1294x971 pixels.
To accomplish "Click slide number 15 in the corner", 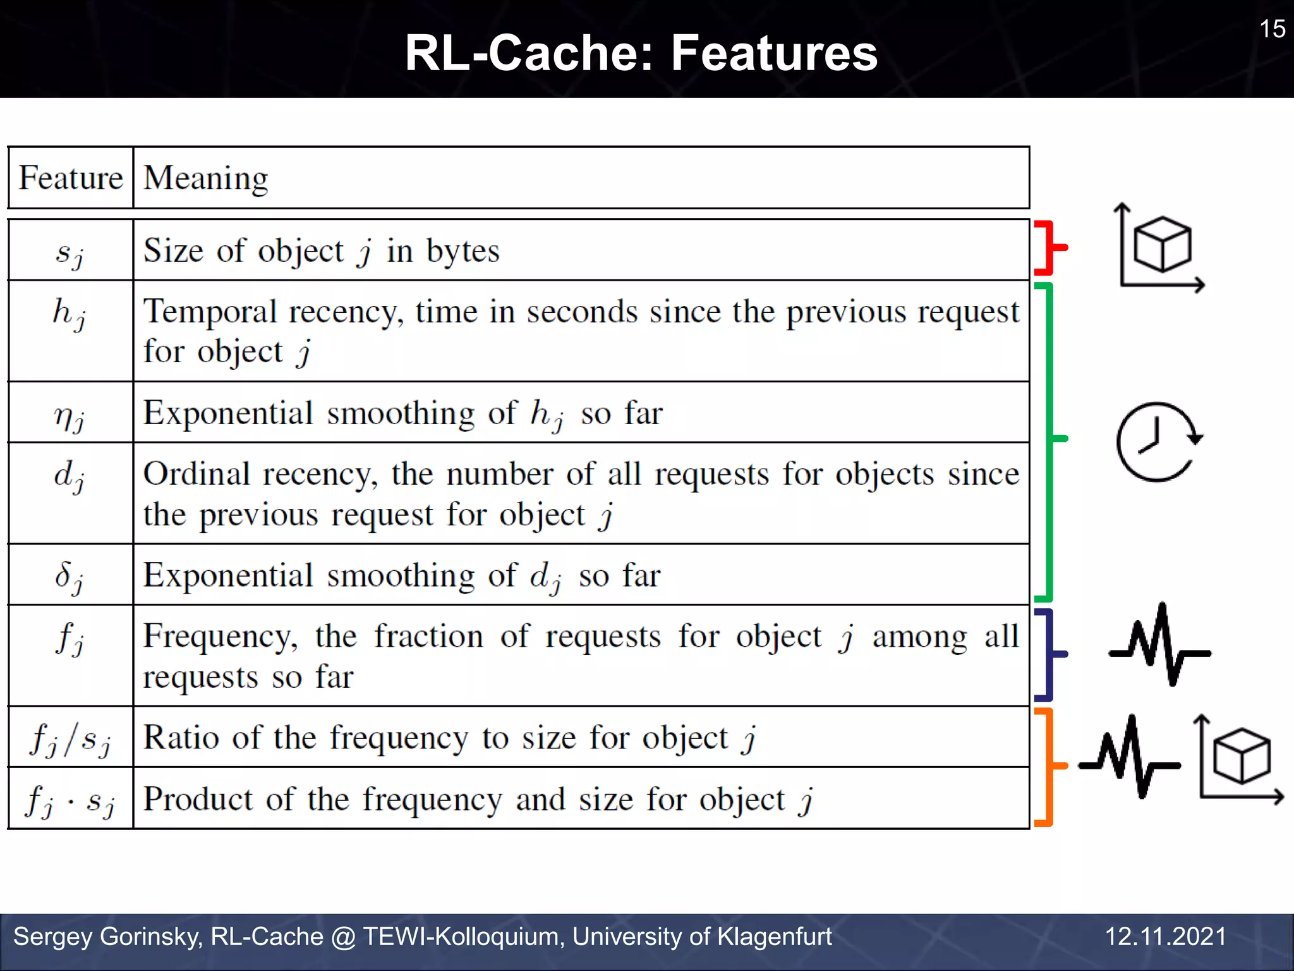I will pos(1272,29).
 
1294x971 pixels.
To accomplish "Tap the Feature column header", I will pos(70,178).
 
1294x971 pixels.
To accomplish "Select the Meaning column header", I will pos(205,178).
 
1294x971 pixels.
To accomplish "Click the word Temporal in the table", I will pos(210,312).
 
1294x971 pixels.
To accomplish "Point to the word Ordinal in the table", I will pos(197,474).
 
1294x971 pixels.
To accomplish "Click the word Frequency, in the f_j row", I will pos(221,637).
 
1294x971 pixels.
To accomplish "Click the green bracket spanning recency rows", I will pos(1049,441).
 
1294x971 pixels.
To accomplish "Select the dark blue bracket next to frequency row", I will pos(1048,654).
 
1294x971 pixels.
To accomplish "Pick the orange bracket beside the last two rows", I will pos(1048,766).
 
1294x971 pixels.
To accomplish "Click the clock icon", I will pos(1158,442).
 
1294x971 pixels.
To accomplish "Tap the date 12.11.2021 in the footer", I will pos(1165,936).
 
